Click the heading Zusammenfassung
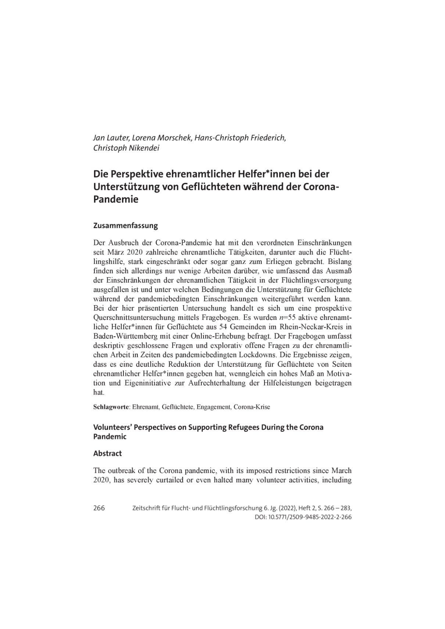[x=125, y=226]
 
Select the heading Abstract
[x=107, y=453]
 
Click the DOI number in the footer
[x=311, y=517]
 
